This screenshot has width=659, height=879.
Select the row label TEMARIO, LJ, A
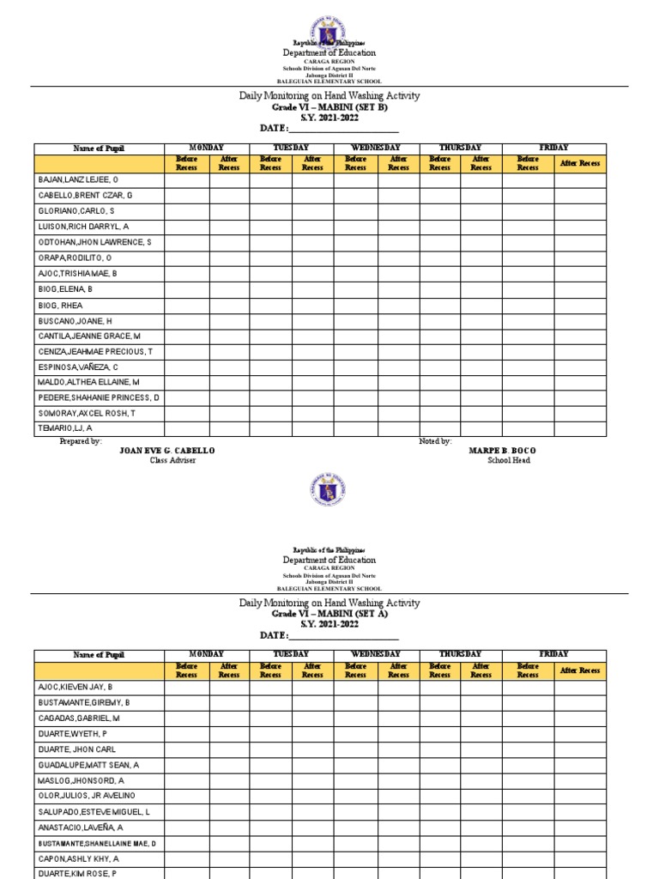point(65,428)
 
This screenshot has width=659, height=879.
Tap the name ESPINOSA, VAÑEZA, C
point(78,367)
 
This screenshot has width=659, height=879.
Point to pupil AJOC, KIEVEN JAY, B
point(76,687)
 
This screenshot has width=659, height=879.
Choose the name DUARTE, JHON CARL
point(76,749)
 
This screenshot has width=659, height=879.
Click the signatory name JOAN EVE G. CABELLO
point(166,451)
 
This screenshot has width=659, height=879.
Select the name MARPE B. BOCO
point(503,451)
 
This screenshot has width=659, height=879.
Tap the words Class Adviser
point(172,461)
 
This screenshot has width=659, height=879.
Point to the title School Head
point(508,461)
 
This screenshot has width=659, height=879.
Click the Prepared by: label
point(81,440)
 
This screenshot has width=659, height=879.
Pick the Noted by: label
point(435,440)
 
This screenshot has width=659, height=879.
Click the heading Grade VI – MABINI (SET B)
point(329,107)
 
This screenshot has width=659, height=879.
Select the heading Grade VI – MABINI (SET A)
point(329,614)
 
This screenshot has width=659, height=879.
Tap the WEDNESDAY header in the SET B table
point(376,149)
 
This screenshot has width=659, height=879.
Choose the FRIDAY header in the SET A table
point(553,655)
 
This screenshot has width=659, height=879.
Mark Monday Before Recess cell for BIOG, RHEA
point(186,305)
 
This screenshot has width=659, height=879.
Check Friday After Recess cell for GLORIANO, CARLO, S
point(580,211)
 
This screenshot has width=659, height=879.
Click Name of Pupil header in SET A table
point(99,655)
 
